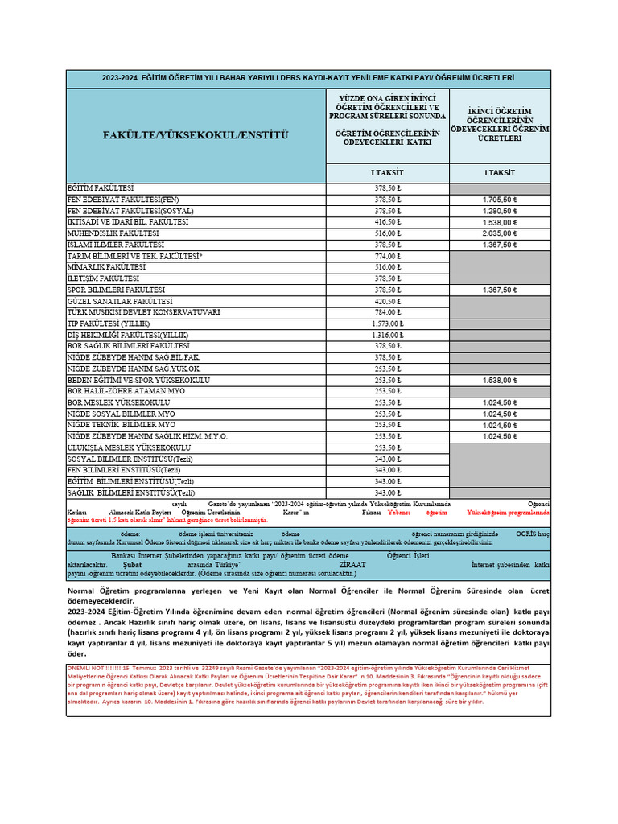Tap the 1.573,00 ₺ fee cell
[387, 323]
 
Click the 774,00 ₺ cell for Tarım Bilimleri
[387, 255]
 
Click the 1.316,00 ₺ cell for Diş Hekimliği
[387, 334]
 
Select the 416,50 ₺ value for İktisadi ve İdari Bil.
[387, 221]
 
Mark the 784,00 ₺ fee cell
[387, 311]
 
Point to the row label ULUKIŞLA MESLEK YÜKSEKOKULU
[129, 447]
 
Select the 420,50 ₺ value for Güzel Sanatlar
[387, 300]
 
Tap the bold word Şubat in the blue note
[134, 565]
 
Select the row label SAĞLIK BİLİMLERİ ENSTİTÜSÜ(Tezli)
[130, 492]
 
